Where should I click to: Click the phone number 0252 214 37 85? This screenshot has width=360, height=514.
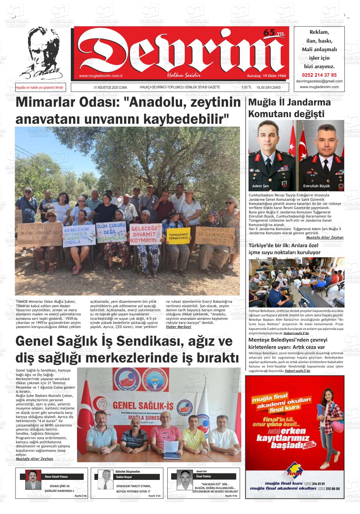coord(319,75)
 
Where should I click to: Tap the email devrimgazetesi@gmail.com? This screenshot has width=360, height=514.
coord(319,81)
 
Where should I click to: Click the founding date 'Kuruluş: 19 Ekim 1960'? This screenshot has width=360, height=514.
coord(266,76)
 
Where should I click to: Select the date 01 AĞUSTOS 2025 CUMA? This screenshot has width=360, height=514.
coord(110,87)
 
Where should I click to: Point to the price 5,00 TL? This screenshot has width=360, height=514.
coord(246,87)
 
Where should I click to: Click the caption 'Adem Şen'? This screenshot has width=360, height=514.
coord(261,186)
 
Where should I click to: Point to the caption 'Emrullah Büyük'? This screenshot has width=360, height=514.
coord(316,186)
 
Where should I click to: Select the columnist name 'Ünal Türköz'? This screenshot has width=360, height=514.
coord(203,476)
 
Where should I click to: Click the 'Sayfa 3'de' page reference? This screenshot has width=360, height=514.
coord(154,496)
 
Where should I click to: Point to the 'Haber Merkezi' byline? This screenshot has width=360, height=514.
coord(178,327)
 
